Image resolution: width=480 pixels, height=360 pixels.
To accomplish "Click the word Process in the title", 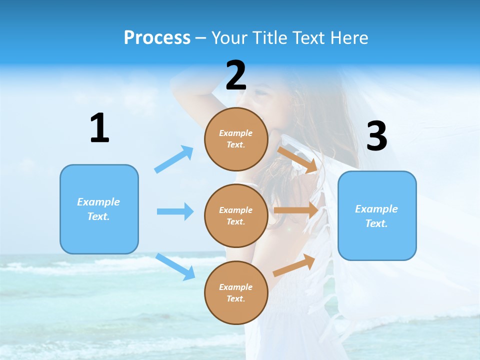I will pos(157,38).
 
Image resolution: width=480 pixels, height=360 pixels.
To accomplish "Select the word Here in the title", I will pos(348,38).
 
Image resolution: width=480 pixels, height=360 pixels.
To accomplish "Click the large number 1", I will pos(99,128).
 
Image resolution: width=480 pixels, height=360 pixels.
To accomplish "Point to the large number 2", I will pos(236,75).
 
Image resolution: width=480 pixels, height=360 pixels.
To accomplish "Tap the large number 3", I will pos(376,136).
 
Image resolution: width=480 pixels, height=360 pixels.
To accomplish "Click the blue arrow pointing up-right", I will pos(174,159).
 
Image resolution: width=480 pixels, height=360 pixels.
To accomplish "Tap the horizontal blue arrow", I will pos(175,211).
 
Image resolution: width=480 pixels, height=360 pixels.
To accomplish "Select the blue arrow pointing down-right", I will pos(175,266).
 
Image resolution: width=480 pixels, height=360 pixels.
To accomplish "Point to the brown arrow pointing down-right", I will pos(298,160).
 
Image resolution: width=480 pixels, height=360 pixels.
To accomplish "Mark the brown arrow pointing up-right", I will pos(294,265).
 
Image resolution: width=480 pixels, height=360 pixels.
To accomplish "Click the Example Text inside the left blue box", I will pos(98,209).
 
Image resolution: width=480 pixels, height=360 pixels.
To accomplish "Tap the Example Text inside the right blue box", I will pos(376,216).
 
